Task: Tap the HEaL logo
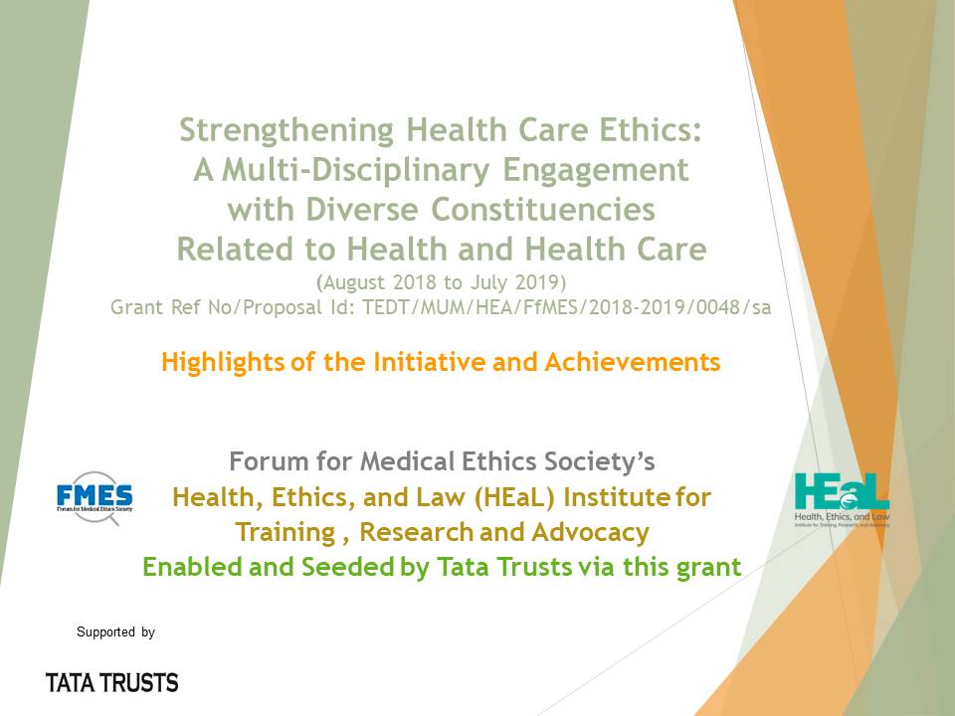(842, 500)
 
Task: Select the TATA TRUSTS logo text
(112, 683)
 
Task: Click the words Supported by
(115, 632)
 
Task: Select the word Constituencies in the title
(543, 210)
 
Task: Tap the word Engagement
(596, 171)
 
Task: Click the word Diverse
(362, 210)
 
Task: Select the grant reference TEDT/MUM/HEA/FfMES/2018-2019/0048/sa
(567, 307)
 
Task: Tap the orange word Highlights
(223, 362)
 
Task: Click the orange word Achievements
(633, 362)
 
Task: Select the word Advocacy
(590, 532)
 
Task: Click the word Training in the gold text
(286, 533)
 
